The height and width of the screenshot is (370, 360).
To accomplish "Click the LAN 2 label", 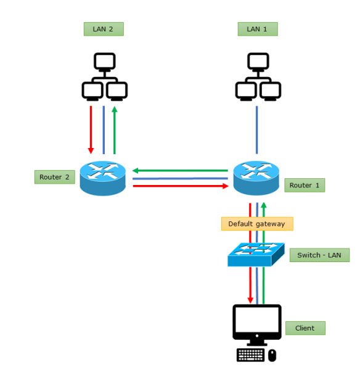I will [104, 29].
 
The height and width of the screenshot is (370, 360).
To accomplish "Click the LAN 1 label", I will [257, 29].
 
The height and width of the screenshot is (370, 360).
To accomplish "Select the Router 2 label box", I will [54, 177].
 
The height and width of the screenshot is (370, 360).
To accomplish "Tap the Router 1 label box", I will [304, 185].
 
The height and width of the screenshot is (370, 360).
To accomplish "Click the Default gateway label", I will [257, 224].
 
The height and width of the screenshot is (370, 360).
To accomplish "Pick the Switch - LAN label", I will [319, 255].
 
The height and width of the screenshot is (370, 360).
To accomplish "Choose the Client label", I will [305, 328].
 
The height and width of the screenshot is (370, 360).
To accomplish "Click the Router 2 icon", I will [103, 178].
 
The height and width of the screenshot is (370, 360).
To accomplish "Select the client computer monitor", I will [256, 323].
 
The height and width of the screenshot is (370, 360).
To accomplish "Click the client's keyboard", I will [250, 355].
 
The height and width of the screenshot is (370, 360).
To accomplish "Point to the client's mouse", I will [272, 355].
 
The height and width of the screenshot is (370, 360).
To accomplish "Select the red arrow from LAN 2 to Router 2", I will [91, 129].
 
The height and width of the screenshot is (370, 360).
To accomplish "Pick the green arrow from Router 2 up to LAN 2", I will [115, 129].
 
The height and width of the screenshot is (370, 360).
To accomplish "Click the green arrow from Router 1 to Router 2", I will [180, 171].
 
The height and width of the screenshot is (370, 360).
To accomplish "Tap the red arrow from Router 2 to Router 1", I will [180, 185].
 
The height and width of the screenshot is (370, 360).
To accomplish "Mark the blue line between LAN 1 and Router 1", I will [257, 129].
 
